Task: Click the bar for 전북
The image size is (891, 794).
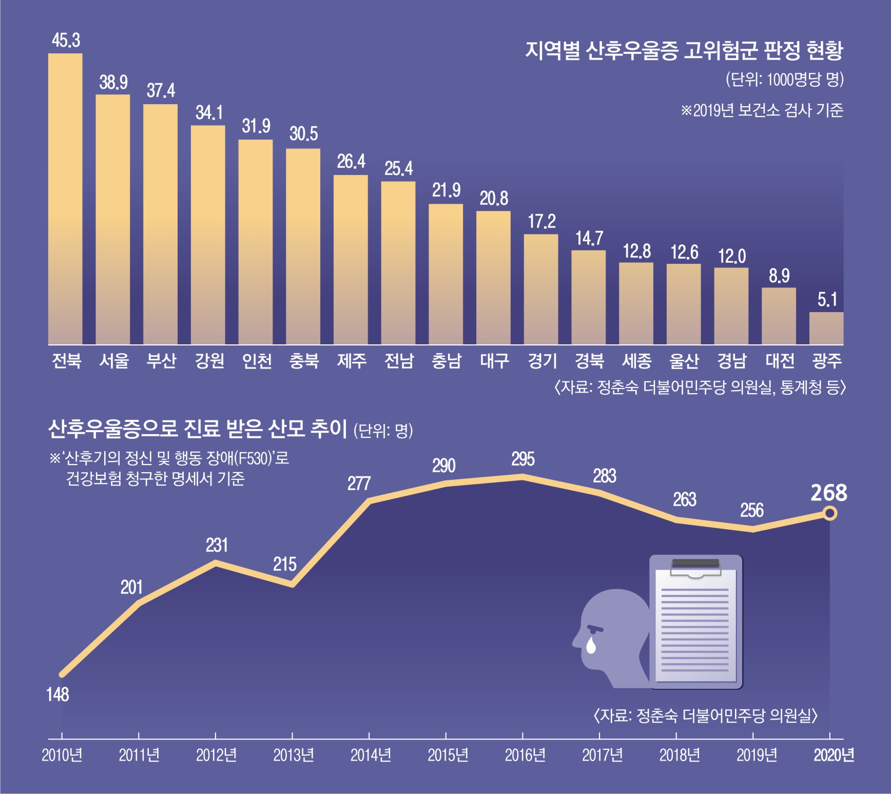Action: click(x=65, y=199)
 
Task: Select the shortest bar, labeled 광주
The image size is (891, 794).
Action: click(x=826, y=328)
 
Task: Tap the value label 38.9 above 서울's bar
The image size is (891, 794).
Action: click(x=113, y=82)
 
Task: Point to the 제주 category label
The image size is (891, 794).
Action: click(x=352, y=361)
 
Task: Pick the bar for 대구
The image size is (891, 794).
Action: click(x=493, y=278)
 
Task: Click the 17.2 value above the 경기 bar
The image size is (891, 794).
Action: click(x=542, y=221)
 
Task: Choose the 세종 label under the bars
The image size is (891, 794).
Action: click(x=636, y=361)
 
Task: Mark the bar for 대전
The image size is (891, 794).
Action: click(x=779, y=316)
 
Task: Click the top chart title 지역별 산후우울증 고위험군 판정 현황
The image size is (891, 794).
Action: click(x=684, y=50)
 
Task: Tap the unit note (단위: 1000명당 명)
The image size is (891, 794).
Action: click(x=785, y=79)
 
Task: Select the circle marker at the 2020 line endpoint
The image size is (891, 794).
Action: click(x=830, y=513)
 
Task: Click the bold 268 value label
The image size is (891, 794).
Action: click(x=828, y=493)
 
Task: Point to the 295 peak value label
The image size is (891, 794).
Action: click(x=522, y=458)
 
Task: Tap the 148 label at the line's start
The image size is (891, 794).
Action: click(x=57, y=694)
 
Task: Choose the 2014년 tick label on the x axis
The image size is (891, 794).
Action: click(x=371, y=755)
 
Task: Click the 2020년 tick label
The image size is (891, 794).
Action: click(x=834, y=755)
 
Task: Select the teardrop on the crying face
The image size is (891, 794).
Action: click(x=591, y=645)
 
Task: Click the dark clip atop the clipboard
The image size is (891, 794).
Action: click(x=695, y=564)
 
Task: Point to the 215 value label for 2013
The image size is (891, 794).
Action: click(x=284, y=564)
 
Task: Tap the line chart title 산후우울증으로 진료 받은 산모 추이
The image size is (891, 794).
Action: click(x=198, y=429)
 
